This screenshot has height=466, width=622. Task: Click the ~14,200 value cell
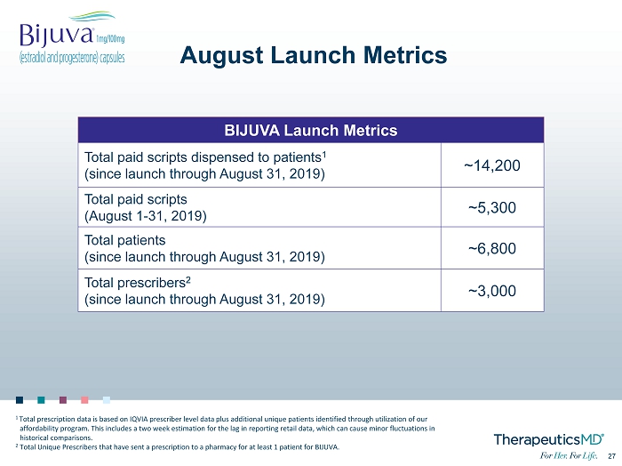(492, 165)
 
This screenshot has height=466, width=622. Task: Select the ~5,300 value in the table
(492, 207)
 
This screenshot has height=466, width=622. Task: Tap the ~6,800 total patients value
(492, 248)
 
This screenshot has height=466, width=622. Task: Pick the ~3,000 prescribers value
(492, 291)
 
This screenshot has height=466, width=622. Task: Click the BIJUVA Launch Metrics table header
(311, 130)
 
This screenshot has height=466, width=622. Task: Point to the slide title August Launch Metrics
(314, 55)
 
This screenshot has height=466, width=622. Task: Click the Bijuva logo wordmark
(57, 35)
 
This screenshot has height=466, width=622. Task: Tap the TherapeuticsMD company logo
(548, 439)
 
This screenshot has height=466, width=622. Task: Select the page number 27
(611, 456)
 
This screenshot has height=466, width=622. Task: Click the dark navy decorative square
(20, 399)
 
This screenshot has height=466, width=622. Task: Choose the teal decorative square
(41, 399)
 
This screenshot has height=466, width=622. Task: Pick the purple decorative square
(63, 399)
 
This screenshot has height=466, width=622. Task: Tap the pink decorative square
(84, 399)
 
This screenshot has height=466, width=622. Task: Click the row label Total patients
(125, 240)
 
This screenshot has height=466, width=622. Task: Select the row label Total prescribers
(138, 282)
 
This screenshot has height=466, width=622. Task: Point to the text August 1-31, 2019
(146, 216)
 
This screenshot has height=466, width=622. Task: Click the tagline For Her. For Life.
(569, 455)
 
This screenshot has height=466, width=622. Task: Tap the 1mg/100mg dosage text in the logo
(110, 39)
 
